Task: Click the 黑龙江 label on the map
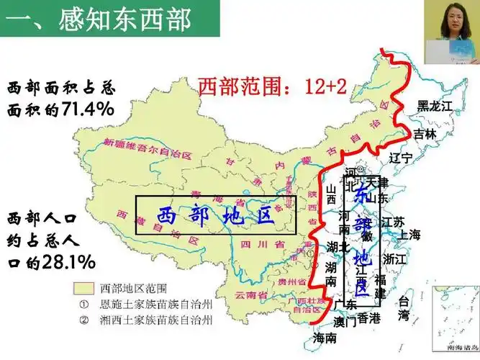(x=436, y=106)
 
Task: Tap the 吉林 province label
(x=425, y=134)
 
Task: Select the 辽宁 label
(x=400, y=157)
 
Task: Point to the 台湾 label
(x=404, y=308)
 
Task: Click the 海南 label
(x=325, y=338)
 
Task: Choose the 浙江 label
(x=396, y=258)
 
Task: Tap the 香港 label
(x=368, y=318)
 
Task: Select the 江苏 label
(x=393, y=221)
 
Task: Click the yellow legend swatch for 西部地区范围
(x=87, y=288)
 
